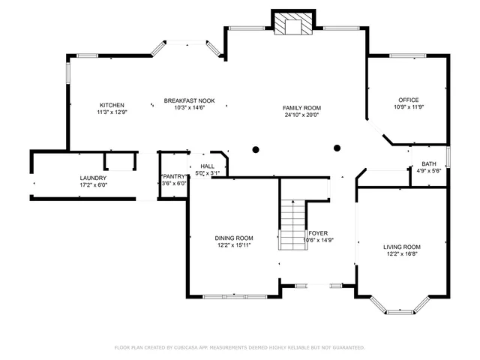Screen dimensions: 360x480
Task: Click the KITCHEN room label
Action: (x=112, y=105)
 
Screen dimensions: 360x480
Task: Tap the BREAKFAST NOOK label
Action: (x=190, y=100)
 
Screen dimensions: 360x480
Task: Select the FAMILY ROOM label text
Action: (x=301, y=108)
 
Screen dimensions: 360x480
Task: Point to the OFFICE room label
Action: (x=408, y=100)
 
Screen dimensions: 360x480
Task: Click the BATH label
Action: (x=428, y=163)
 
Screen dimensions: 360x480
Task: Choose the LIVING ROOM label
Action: (x=402, y=247)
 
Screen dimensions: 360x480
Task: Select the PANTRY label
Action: (x=174, y=176)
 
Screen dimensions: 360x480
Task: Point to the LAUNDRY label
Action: (x=93, y=178)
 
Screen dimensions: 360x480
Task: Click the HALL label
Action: (x=207, y=166)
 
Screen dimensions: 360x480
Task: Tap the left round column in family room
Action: (x=256, y=148)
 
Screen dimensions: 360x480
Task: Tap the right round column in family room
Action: (x=337, y=148)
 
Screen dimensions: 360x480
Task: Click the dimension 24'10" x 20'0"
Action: (x=301, y=115)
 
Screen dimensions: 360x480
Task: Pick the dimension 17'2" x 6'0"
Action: (x=93, y=184)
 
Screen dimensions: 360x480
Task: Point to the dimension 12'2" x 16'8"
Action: (x=402, y=253)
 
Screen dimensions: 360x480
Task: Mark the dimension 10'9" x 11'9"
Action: (x=408, y=107)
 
